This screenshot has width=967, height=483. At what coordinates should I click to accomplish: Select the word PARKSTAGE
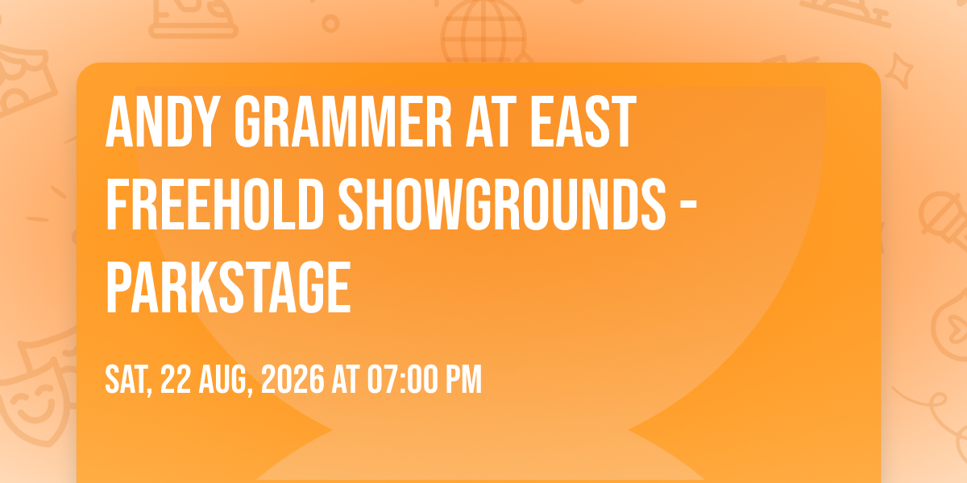(x=228, y=285)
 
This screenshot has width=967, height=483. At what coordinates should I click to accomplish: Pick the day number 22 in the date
(x=176, y=379)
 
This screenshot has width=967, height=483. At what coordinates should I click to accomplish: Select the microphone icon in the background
(x=939, y=213)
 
